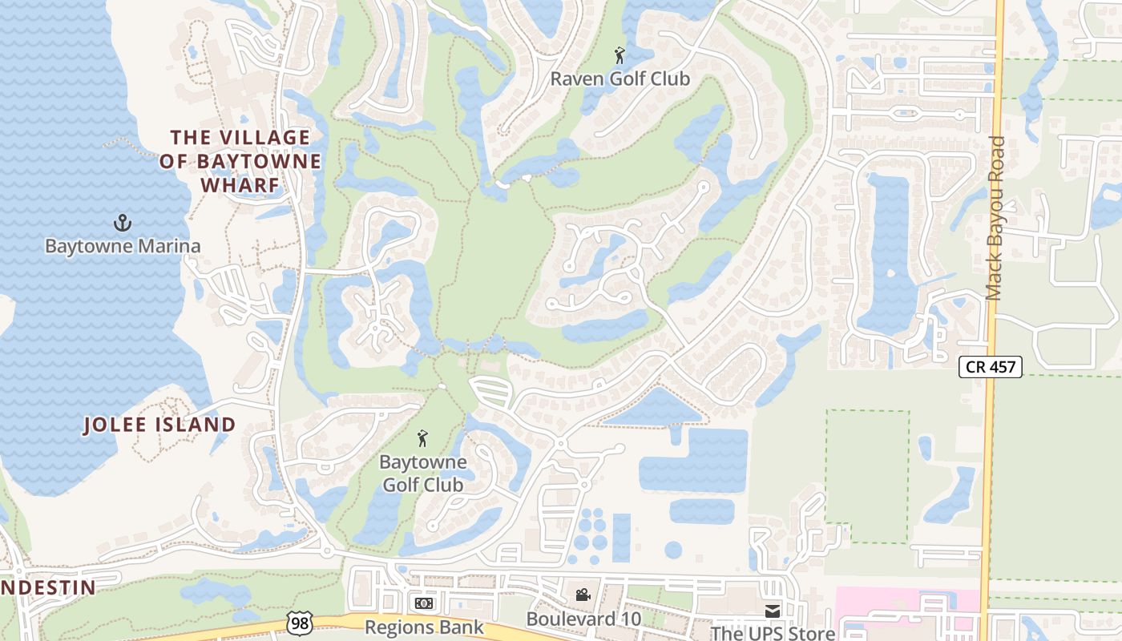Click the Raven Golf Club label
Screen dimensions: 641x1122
(x=620, y=79)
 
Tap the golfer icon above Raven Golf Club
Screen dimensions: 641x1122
(x=620, y=56)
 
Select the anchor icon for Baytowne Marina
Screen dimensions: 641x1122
(x=123, y=223)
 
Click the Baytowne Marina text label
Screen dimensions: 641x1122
(x=123, y=246)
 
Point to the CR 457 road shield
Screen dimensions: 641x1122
(x=991, y=368)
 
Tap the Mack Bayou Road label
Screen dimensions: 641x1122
(x=995, y=218)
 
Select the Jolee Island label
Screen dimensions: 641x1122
(x=160, y=425)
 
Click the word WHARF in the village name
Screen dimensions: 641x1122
(x=240, y=185)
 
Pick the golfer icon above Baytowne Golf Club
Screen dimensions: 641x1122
(x=422, y=438)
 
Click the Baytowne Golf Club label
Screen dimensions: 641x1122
(x=422, y=474)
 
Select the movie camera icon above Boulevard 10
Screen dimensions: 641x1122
(x=583, y=595)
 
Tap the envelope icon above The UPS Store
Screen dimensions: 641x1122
(x=772, y=611)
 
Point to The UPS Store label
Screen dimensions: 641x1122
(x=773, y=633)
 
